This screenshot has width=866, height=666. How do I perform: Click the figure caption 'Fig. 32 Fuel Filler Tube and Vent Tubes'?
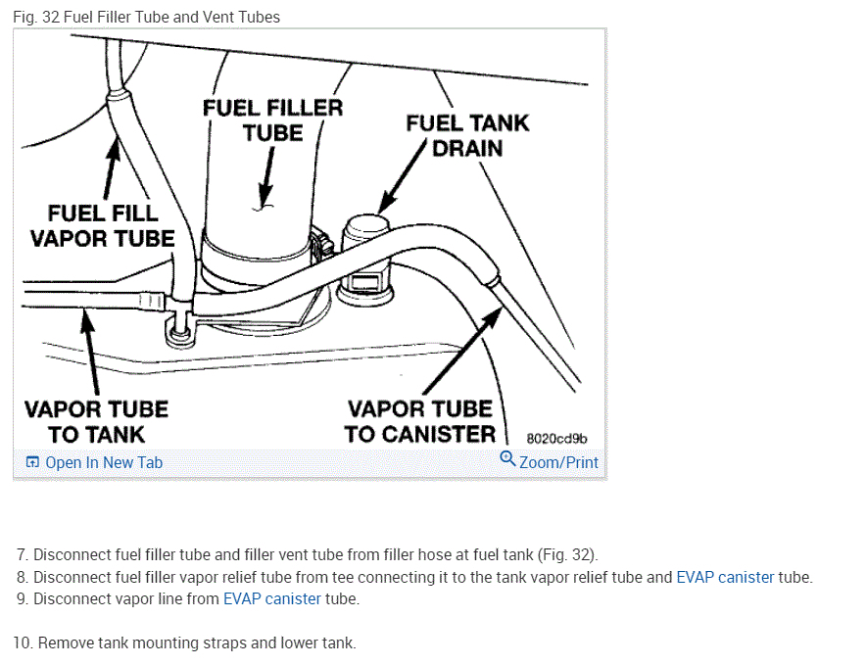coord(146,17)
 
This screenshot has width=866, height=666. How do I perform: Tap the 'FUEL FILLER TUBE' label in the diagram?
coord(272,119)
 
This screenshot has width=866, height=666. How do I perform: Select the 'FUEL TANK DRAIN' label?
coord(467,135)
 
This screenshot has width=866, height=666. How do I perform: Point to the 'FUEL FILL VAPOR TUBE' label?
coord(102,225)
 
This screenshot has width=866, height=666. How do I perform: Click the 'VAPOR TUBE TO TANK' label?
coord(96,421)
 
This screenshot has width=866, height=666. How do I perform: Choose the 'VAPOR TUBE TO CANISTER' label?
coord(420,421)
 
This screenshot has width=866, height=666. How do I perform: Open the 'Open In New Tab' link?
coord(104,462)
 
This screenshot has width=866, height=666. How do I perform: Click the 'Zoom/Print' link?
coord(558,462)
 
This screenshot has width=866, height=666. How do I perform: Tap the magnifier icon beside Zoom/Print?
coord(506,459)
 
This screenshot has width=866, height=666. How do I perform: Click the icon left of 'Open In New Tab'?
coord(32,462)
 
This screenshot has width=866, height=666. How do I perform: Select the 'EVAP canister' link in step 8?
coord(725,577)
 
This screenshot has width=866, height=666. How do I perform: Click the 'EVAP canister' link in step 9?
coord(272,598)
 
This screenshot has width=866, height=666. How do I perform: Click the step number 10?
coord(23,643)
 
